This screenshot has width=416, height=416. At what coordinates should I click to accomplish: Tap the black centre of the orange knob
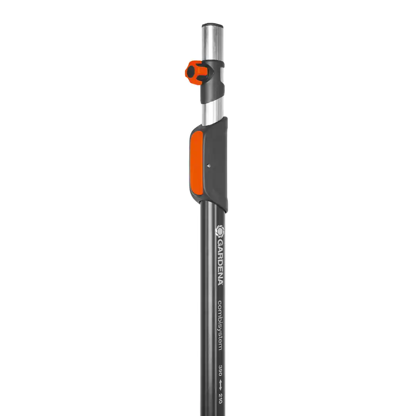(x=191, y=72)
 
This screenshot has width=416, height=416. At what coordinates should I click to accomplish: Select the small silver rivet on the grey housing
(x=209, y=166)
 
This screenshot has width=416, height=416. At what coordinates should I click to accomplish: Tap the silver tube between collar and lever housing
(x=212, y=111)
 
